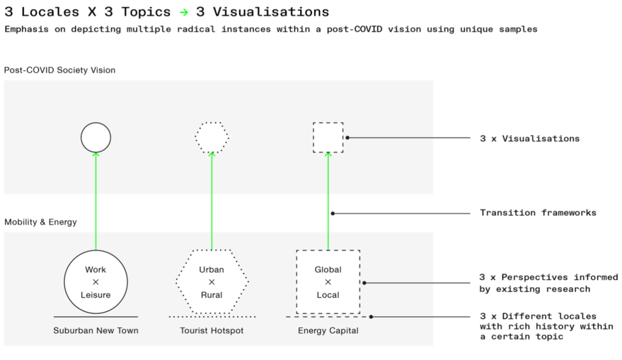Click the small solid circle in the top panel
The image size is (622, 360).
96,137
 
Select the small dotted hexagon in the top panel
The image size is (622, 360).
212,137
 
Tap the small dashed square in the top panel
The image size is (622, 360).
328,137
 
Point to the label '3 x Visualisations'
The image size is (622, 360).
529,139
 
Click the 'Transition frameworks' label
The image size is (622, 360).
538,213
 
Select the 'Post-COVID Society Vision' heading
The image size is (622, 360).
59,71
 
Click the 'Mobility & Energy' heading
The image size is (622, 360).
40,222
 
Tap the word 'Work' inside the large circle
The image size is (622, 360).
96,269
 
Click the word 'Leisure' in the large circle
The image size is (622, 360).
96,295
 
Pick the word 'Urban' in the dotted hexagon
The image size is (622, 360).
212,269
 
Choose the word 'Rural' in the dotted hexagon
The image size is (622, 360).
212,295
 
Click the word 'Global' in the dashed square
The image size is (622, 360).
328,269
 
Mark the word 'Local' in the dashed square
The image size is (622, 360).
328,295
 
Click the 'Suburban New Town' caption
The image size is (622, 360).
96,330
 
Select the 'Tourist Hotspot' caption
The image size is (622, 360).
212,330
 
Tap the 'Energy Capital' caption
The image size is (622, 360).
328,330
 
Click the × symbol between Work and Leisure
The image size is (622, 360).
96,282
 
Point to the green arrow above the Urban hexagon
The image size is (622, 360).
212,202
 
